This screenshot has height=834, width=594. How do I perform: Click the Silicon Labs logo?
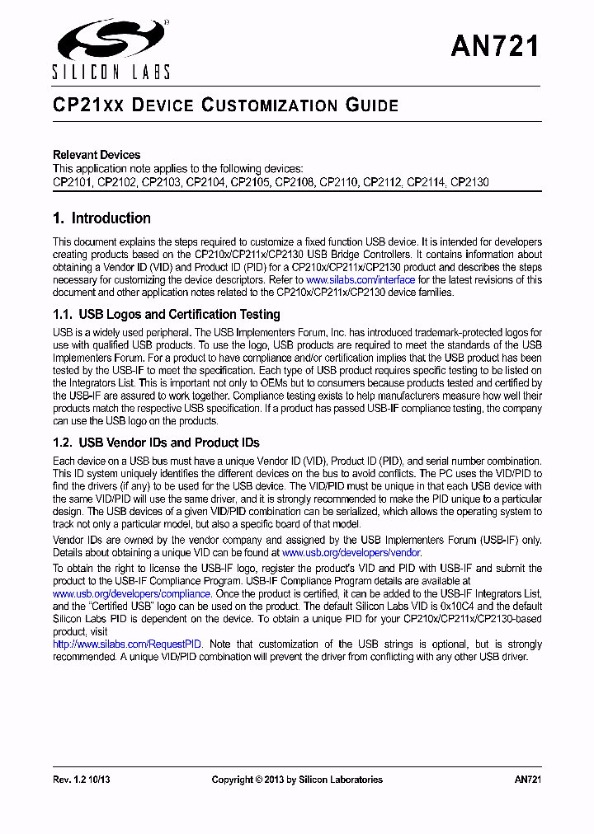click(x=111, y=49)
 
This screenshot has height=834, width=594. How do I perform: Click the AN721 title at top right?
click(x=495, y=47)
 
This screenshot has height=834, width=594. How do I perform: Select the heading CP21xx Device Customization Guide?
click(x=225, y=105)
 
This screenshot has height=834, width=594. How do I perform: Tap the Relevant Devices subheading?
click(x=97, y=155)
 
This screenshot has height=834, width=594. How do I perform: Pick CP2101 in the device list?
click(x=73, y=181)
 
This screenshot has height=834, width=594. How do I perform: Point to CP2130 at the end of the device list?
click(x=469, y=181)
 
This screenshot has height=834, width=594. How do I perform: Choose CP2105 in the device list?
click(x=250, y=181)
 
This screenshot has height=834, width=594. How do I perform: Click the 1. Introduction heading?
click(x=101, y=218)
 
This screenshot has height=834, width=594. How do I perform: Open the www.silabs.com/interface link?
click(x=361, y=280)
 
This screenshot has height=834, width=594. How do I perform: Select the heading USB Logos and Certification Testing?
click(x=167, y=315)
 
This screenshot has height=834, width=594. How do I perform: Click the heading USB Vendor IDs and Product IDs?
click(x=156, y=443)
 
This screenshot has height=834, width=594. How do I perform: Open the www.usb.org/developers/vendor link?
click(x=351, y=553)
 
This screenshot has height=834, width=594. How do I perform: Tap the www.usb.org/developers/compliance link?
click(x=132, y=593)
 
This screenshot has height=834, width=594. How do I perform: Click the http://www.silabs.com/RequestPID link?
click(x=127, y=644)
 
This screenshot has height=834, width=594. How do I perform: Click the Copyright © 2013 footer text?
click(x=297, y=780)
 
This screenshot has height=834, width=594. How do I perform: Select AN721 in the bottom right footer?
click(x=527, y=780)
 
